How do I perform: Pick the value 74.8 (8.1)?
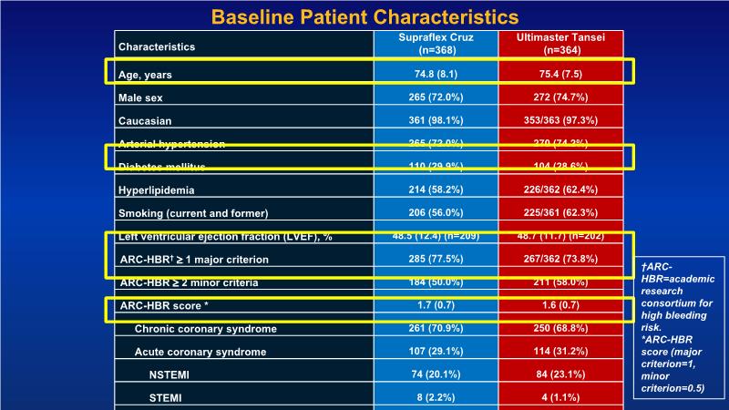point(435,73)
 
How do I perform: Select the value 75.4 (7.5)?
point(561,73)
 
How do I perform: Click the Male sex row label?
point(144,97)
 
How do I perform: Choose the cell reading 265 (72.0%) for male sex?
point(435,97)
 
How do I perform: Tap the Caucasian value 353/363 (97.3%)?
point(561,120)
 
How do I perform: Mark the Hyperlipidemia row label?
point(157,190)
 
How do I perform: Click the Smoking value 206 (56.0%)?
point(435,213)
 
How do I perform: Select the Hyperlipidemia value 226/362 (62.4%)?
point(561,190)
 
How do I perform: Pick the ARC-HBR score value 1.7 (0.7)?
point(435,306)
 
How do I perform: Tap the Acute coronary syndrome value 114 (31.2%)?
point(561,352)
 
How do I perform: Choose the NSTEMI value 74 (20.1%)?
point(435,374)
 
